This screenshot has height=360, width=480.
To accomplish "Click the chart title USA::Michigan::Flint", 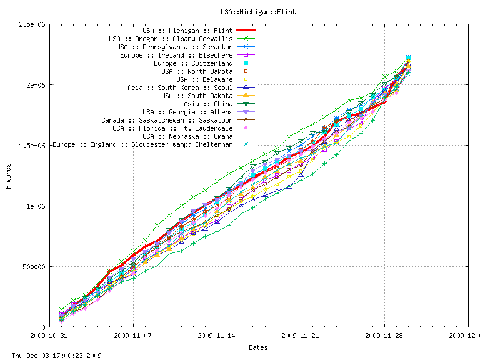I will click(x=258, y=12).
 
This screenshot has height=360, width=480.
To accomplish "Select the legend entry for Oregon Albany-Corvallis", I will click(x=171, y=39).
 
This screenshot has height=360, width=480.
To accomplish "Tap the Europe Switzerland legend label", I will click(x=193, y=63).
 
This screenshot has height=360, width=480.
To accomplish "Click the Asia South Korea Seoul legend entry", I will click(x=180, y=87).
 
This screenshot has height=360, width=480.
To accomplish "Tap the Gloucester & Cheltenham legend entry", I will click(x=142, y=144).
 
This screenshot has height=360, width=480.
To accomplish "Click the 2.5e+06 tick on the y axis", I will click(x=34, y=24).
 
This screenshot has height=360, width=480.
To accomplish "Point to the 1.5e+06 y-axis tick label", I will click(x=34, y=146).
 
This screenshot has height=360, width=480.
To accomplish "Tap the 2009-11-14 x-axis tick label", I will click(x=217, y=336).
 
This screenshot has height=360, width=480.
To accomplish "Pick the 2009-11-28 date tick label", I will click(x=384, y=336).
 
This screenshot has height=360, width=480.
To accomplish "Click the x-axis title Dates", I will click(x=258, y=347).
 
